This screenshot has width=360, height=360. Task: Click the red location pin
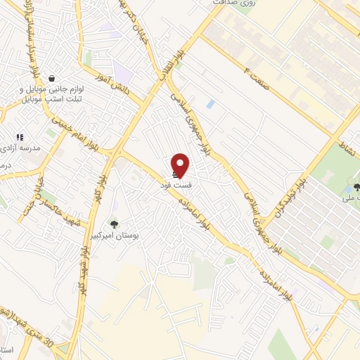point(181,165)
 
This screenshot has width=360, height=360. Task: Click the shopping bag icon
point(52,78)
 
